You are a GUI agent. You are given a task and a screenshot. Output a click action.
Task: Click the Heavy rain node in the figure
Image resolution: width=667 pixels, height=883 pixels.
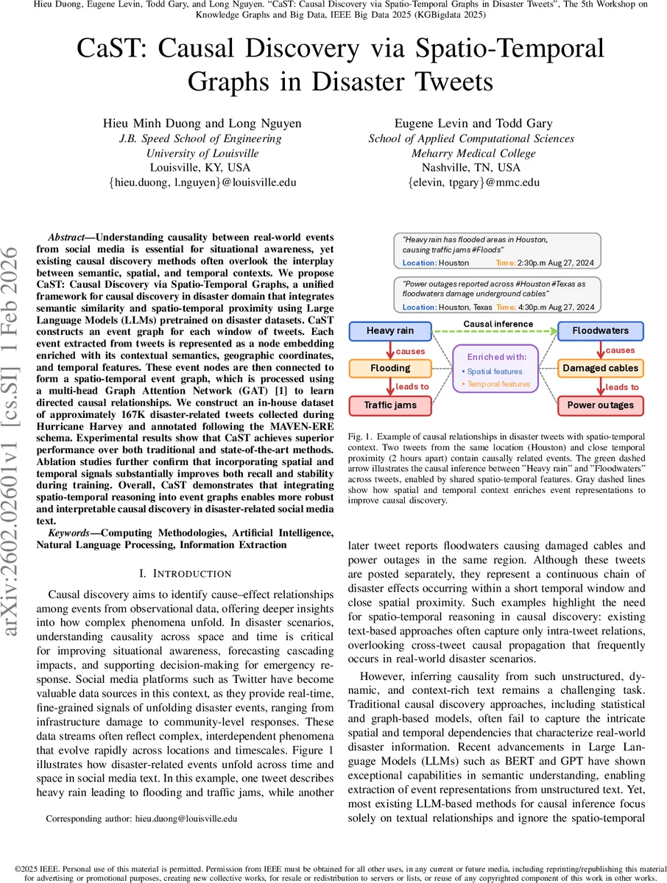point(390,331)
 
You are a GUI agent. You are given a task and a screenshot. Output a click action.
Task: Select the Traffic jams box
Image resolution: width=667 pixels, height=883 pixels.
point(390,405)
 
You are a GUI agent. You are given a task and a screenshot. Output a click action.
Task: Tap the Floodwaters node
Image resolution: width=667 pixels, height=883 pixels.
point(601,331)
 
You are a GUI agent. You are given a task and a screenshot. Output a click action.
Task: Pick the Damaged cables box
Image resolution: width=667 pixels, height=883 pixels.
point(601,368)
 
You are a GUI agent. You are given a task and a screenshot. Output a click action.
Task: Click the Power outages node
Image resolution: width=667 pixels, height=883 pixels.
point(601,405)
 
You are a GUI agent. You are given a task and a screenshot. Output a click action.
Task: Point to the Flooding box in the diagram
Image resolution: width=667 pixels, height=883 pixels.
point(390,368)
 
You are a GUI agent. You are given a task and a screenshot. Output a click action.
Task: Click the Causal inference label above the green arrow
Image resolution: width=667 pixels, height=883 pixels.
point(498,324)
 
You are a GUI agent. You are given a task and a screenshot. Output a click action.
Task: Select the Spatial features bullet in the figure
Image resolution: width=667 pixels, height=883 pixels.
point(495,372)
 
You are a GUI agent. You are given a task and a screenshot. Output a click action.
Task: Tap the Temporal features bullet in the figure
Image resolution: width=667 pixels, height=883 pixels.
point(498,384)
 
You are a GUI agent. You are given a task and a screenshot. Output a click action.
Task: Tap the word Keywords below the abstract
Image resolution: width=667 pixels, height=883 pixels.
point(71,532)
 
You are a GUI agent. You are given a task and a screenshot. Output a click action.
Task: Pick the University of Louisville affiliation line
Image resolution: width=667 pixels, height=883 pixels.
point(202,153)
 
